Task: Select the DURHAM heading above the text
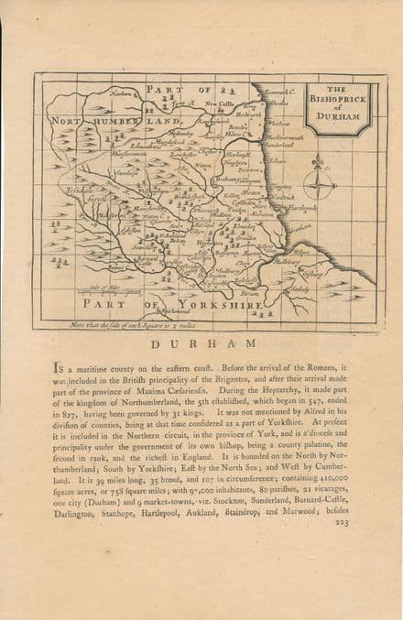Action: (x=201, y=343)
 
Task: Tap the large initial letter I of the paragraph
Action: (x=60, y=365)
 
